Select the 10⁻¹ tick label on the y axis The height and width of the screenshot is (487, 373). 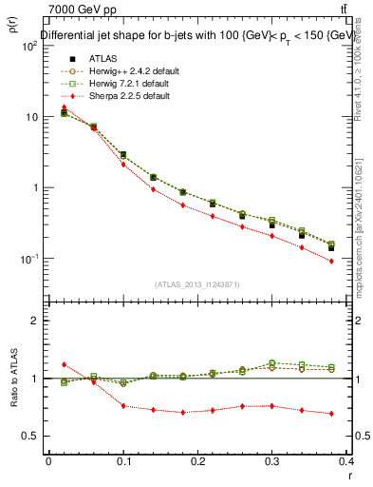[x=28, y=259]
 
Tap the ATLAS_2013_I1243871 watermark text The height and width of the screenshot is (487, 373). [x=196, y=284]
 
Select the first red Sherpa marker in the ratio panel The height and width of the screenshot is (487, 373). [x=64, y=364]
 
